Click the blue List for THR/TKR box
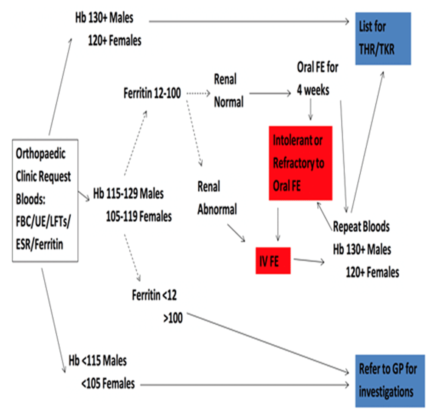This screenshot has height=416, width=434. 383,39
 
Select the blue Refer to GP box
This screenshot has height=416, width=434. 390,381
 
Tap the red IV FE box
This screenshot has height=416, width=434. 273,260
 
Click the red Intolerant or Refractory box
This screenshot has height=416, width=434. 300,163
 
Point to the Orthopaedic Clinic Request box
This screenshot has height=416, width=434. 45,200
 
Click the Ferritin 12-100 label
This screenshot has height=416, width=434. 152,93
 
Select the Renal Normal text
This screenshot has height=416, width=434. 229,90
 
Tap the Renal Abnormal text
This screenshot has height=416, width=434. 217,198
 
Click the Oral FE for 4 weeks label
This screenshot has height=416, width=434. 318,79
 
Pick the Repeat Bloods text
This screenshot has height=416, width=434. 361,227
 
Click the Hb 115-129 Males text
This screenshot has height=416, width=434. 128,193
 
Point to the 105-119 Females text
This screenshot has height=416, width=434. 139,216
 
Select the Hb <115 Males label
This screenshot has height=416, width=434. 98,361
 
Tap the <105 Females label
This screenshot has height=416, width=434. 108,384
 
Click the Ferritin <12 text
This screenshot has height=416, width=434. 154,295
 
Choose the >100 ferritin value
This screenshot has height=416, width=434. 173,318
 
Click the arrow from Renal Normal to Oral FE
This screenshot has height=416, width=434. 270,94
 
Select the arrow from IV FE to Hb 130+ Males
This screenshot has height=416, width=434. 309,260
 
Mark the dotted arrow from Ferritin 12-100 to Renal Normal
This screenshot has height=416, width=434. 198,93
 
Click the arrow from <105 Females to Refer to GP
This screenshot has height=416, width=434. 245,385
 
